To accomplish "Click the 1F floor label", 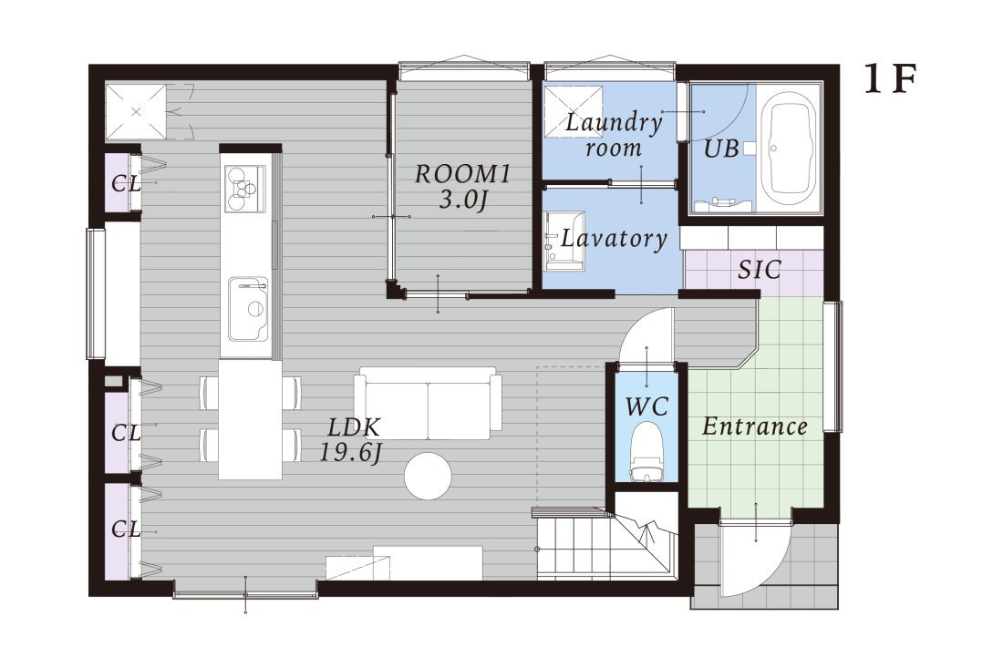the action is tap(891, 79).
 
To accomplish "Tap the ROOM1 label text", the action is tap(462, 174).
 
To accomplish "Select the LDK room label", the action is tap(354, 426).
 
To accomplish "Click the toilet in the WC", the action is tap(646, 451).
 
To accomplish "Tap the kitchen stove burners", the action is tap(244, 188).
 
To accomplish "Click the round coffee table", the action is tap(428, 476).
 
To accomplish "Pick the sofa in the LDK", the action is tap(428, 403).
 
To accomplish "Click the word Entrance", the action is tap(755, 426).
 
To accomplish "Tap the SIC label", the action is tap(760, 270).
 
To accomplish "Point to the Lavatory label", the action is tap(614, 239).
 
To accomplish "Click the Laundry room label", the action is tap(614, 134).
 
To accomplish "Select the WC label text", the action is tap(646, 406).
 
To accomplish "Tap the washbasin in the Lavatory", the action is tap(564, 241).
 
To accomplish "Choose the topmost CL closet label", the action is tap(126, 184).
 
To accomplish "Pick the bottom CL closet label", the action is tap(126, 529).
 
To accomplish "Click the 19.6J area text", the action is tap(350, 453).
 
